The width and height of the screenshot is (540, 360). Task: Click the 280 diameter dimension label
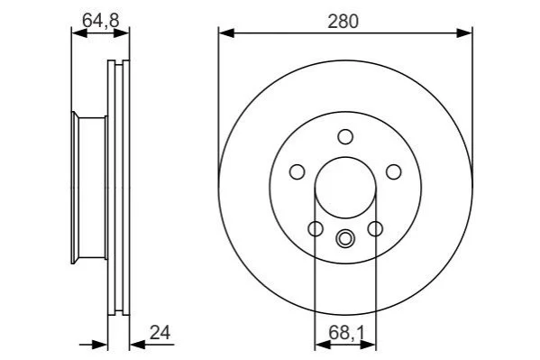point(343,21)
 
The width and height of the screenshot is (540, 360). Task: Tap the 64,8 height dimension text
point(101,21)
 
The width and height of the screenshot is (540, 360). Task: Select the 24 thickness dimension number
point(160,333)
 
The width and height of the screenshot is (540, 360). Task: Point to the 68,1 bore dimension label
point(346,333)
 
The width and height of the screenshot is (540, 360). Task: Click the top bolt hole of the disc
point(345,137)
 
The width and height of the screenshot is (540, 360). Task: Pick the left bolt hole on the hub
point(297,171)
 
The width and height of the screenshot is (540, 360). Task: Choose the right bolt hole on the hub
point(394,171)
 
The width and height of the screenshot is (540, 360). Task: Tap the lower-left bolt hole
point(316,228)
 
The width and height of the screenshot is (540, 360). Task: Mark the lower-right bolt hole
point(375,228)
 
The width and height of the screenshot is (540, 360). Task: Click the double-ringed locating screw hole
point(344,238)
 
